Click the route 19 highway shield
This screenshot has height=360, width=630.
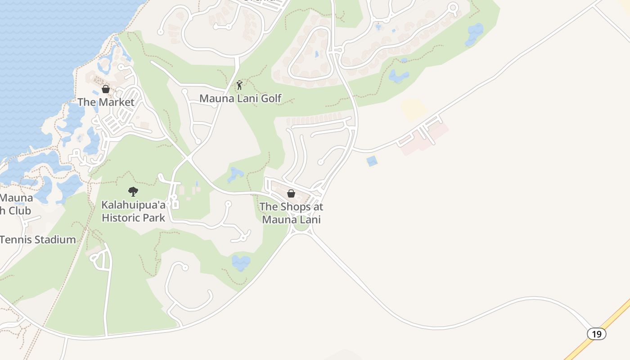596,334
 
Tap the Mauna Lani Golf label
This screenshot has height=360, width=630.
240,98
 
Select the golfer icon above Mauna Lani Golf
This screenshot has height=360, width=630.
239,85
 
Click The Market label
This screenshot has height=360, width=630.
106,102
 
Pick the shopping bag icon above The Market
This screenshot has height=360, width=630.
106,89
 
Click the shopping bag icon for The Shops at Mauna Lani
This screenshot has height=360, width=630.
291,193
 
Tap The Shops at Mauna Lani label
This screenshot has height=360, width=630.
291,213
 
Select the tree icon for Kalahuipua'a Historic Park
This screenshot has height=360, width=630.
133,192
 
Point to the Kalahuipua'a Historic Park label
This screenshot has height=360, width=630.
133,211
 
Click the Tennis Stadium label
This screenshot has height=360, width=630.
38,239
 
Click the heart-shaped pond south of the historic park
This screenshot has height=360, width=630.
241,262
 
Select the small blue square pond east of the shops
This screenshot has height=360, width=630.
372,161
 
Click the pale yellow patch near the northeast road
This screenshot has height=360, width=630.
414,109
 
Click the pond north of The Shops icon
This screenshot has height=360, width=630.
235,174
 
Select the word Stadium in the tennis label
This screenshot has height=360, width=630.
55,239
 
